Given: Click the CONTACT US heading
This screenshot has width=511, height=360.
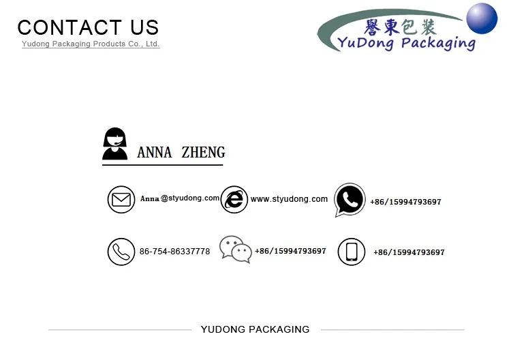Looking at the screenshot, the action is (88, 27).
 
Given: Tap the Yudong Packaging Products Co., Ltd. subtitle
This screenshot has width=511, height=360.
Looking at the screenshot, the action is (91, 44).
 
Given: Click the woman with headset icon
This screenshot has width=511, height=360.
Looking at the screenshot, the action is (115, 144).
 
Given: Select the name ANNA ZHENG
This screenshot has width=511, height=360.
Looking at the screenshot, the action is (181, 152).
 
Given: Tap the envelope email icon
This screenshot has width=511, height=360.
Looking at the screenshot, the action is (121, 200).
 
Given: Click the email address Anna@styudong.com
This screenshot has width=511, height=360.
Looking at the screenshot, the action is (180, 198).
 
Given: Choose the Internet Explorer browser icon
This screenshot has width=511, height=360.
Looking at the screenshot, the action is (234, 199).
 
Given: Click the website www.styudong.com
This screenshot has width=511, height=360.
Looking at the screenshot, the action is (289, 199).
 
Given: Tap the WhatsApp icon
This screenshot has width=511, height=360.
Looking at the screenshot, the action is (350, 200).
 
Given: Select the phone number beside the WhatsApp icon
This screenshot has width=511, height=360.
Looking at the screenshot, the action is (405, 202).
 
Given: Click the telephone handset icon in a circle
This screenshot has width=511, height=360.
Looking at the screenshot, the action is (121, 252).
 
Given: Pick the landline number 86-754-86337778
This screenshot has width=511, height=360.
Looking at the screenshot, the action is (174, 252).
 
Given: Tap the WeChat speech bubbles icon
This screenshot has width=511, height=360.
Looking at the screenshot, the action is (235, 250).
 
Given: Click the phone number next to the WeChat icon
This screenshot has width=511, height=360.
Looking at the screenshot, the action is (290, 251).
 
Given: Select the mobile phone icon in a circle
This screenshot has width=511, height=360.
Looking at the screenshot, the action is (352, 252).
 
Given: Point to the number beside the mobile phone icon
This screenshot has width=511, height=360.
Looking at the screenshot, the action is (409, 252).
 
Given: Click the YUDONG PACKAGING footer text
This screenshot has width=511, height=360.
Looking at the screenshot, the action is (255, 329).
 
